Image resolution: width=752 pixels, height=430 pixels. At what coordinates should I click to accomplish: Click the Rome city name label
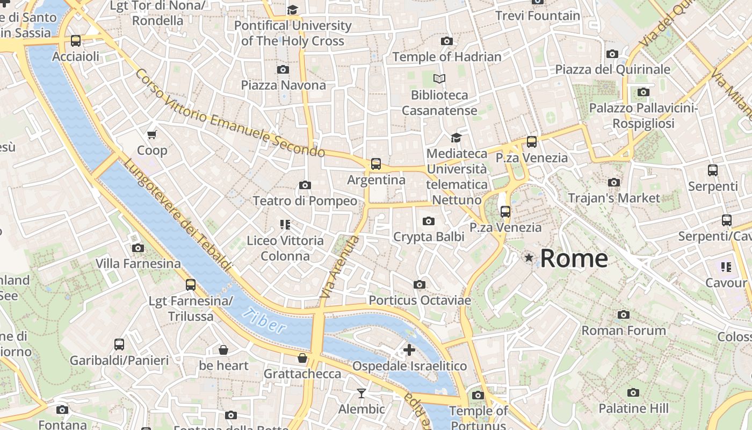pyautogui.click(x=574, y=259)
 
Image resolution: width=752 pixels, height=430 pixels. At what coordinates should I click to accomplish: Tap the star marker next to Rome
pyautogui.click(x=529, y=258)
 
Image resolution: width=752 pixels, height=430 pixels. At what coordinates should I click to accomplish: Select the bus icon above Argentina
pyautogui.click(x=376, y=164)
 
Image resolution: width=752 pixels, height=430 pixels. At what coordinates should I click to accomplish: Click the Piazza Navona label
pyautogui.click(x=283, y=85)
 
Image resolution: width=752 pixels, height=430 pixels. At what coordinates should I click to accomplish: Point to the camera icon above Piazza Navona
pyautogui.click(x=283, y=69)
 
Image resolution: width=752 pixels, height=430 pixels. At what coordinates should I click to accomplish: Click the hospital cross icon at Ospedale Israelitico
pyautogui.click(x=409, y=350)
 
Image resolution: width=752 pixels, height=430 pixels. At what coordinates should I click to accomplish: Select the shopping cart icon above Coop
pyautogui.click(x=152, y=134)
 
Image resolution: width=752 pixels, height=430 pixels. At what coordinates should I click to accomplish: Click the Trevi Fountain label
pyautogui.click(x=538, y=16)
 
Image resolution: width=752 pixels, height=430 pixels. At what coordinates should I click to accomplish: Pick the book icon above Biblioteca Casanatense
pyautogui.click(x=439, y=79)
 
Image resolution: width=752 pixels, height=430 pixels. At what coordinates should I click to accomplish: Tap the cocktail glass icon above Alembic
pyautogui.click(x=361, y=393)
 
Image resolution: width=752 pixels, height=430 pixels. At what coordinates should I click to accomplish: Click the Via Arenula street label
pyautogui.click(x=338, y=267)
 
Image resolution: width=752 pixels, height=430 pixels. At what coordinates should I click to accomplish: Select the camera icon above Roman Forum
pyautogui.click(x=623, y=314)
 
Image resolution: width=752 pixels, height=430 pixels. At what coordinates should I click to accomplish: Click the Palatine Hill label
pyautogui.click(x=633, y=408)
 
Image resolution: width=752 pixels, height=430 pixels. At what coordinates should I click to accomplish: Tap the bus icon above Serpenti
pyautogui.click(x=713, y=170)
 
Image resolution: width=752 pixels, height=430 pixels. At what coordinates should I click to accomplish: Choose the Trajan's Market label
pyautogui.click(x=614, y=198)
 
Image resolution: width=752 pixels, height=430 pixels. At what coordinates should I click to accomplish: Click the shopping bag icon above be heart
pyautogui.click(x=223, y=350)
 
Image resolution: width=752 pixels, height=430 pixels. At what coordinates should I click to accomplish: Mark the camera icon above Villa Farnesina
pyautogui.click(x=138, y=248)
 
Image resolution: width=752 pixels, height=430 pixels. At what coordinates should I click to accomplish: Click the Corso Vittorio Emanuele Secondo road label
pyautogui.click(x=230, y=113)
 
